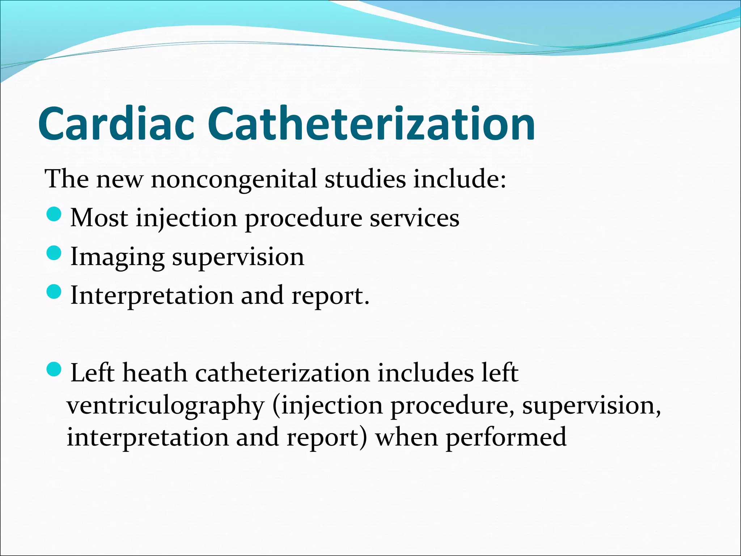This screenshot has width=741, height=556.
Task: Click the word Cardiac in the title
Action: pos(116,124)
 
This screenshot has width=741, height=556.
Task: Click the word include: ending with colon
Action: pos(460,179)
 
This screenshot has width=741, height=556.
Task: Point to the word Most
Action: pos(99,218)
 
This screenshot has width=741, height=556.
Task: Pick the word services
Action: pos(414,218)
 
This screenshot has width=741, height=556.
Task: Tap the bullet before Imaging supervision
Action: pos(55,253)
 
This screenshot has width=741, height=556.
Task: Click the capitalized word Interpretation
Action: pos(152,296)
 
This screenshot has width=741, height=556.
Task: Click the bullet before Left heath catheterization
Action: pos(55,370)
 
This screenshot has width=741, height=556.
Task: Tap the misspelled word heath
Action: pos(155,373)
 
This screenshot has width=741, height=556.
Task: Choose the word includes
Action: pos(425,373)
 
